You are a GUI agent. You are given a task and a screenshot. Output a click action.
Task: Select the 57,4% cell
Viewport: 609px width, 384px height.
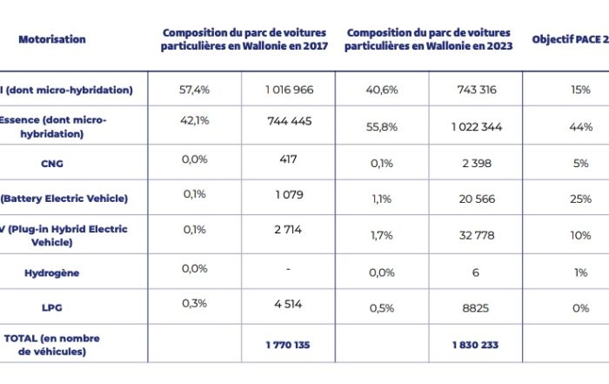point(196,90)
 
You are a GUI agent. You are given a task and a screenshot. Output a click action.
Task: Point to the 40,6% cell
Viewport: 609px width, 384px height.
point(384,90)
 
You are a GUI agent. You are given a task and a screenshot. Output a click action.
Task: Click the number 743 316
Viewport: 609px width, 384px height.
point(475,90)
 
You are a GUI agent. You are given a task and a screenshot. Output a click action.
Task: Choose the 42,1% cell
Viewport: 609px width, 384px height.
point(196,121)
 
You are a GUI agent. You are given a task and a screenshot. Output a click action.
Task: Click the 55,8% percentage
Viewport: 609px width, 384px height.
point(384,127)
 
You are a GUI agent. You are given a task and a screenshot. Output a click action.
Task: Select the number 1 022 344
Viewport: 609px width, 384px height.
point(476,127)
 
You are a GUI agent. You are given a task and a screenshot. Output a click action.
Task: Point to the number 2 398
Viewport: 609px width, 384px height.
point(475,163)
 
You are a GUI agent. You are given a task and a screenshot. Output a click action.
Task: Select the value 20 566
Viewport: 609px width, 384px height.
point(475,199)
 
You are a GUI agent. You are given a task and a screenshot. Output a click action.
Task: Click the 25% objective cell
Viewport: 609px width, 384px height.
point(580,199)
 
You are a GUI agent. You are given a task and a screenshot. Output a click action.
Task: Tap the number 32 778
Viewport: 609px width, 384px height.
point(475,235)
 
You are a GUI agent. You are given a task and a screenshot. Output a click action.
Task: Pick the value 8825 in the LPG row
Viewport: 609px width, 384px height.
point(475,308)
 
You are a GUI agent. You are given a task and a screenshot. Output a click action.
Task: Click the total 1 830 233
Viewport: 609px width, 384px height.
point(475,345)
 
